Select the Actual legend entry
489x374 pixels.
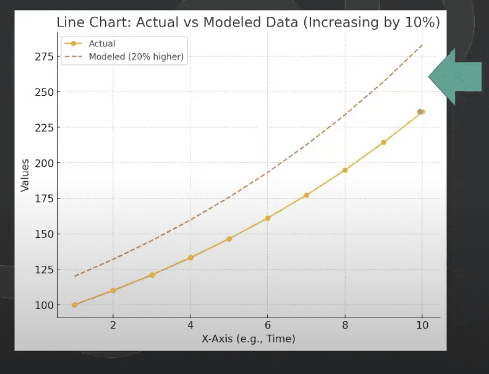(x=102, y=44)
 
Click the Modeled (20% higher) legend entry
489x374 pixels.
(x=136, y=57)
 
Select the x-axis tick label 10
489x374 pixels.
(x=422, y=326)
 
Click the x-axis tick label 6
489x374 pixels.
(x=267, y=326)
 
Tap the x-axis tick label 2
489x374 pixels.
(x=113, y=326)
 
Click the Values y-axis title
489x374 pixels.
(x=24, y=175)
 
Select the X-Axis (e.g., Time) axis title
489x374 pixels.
(x=248, y=339)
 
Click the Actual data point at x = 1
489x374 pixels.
(x=74, y=305)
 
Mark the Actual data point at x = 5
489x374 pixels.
(x=229, y=239)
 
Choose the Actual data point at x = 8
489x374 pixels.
(x=345, y=170)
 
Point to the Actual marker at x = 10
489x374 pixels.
(x=421, y=112)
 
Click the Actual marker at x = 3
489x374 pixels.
(x=152, y=275)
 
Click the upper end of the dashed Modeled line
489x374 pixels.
(x=422, y=45)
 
